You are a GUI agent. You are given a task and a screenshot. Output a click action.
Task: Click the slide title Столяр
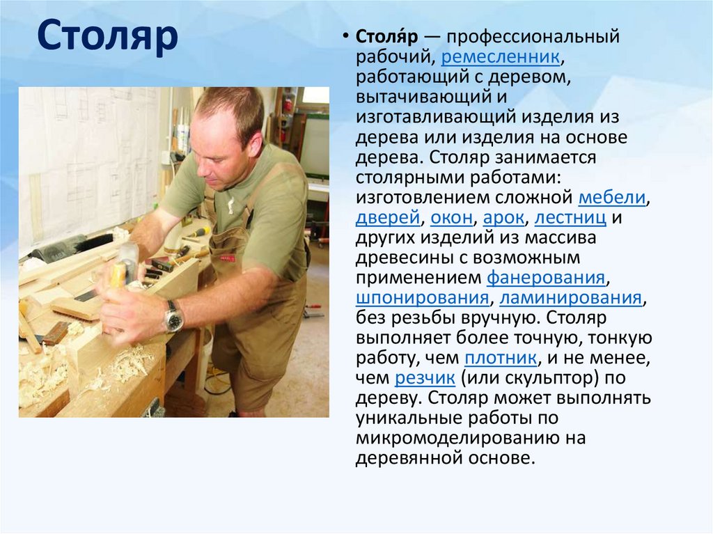108,39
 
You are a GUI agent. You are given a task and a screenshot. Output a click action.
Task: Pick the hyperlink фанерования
545,278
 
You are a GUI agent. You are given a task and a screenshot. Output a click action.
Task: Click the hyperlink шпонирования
421,298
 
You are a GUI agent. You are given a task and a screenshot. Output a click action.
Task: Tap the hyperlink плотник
500,359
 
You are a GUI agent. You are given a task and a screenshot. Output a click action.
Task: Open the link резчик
425,379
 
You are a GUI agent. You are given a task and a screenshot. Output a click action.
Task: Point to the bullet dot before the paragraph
345,36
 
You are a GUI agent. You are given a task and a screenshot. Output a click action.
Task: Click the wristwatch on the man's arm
173,317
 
